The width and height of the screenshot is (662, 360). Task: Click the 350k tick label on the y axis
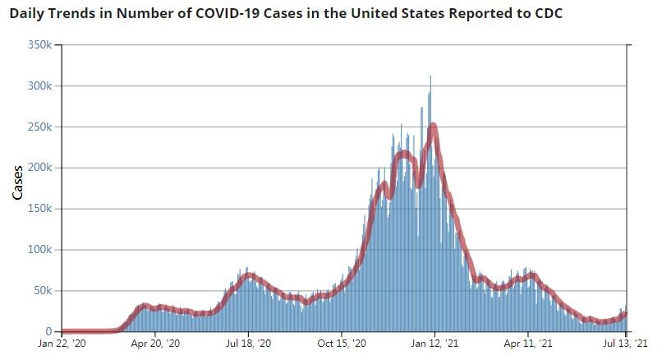pyautogui.click(x=39, y=45)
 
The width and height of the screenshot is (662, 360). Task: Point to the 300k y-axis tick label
pyautogui.click(x=39, y=86)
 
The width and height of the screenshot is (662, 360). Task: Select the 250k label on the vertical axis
pyautogui.click(x=39, y=127)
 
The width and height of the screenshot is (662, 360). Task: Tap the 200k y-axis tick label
pyautogui.click(x=39, y=168)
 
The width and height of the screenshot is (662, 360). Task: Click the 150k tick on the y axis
pyautogui.click(x=39, y=209)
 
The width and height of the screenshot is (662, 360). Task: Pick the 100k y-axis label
pyautogui.click(x=39, y=250)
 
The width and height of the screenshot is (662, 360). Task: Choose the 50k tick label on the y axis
pyautogui.click(x=42, y=291)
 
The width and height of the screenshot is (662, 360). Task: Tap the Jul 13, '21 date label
pyautogui.click(x=626, y=345)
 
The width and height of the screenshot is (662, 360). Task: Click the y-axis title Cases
pyautogui.click(x=17, y=182)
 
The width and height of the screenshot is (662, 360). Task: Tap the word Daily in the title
pyautogui.click(x=30, y=14)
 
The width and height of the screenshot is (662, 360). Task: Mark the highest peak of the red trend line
pyautogui.click(x=433, y=126)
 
